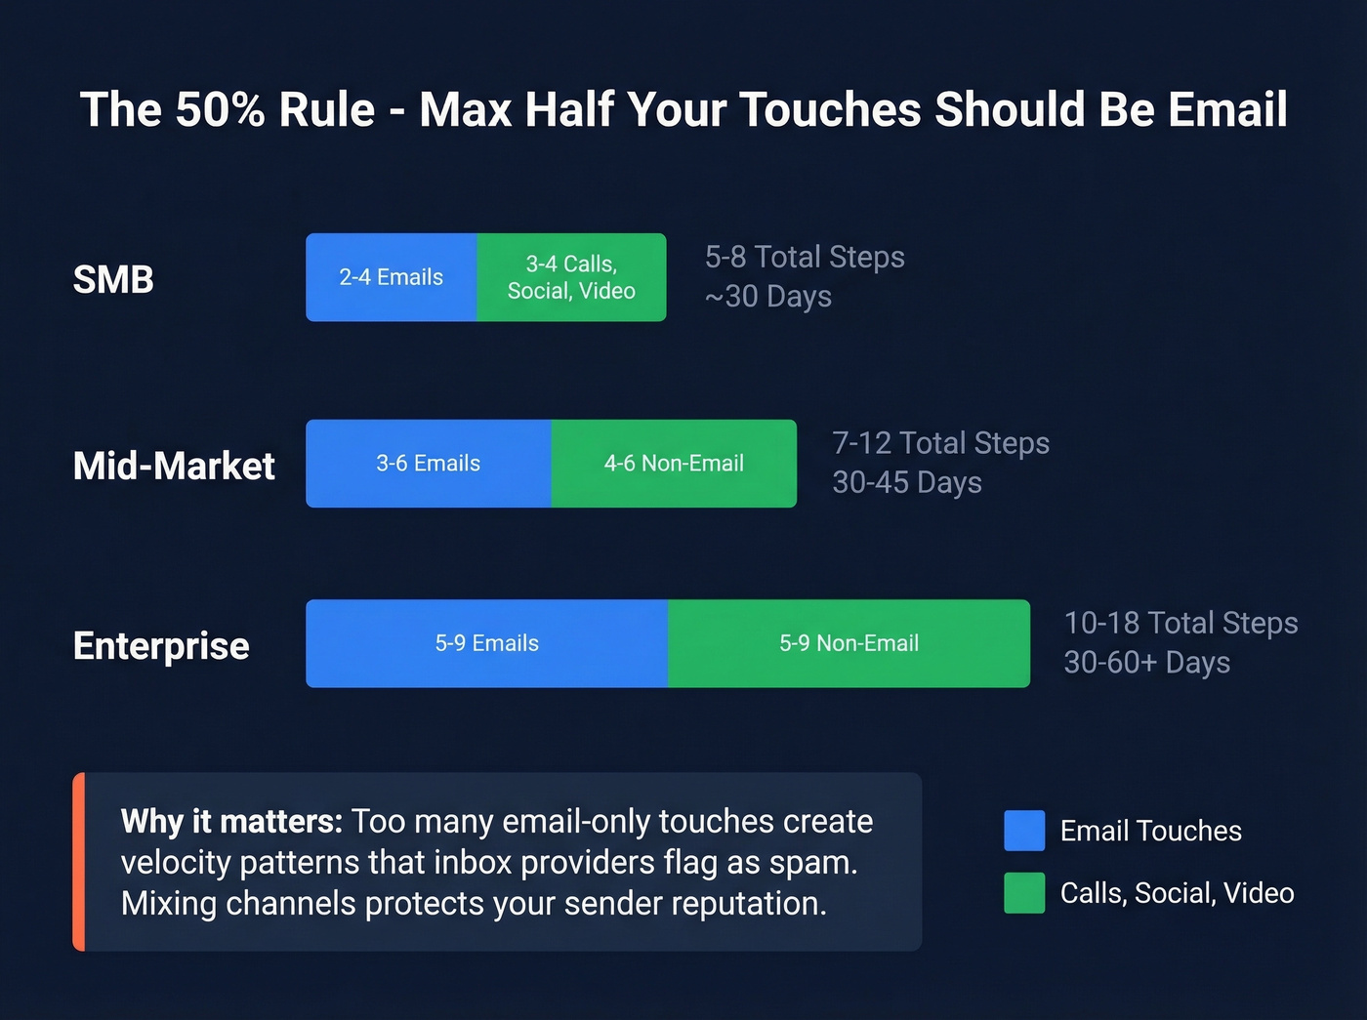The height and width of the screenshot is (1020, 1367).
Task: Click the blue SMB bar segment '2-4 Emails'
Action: pos(391,277)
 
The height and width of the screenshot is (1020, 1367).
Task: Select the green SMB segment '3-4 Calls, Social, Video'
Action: pos(571,277)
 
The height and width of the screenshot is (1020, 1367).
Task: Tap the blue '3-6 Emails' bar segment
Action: pos(428,464)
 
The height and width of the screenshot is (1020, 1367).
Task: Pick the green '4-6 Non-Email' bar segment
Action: pos(674,464)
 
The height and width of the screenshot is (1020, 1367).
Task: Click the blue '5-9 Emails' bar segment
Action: pos(486,643)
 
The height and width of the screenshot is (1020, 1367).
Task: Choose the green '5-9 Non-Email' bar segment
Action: pos(849,643)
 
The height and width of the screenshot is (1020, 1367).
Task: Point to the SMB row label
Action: pos(113,280)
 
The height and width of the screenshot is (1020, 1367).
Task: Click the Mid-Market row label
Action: pos(174,466)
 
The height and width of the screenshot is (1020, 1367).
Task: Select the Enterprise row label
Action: pos(161,646)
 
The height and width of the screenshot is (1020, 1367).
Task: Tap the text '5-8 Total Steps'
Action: pos(805,257)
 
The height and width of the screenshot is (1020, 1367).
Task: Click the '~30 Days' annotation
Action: pos(767,296)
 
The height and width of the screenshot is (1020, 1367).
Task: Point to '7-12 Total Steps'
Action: pos(940,443)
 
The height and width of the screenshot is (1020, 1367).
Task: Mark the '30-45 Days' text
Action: pos(906,482)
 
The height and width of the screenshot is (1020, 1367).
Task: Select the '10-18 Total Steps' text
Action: pos(1181,623)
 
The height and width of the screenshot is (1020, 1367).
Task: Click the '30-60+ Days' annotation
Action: pos(1146,662)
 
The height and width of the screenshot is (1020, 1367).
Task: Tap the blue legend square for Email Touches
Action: pos(1024,831)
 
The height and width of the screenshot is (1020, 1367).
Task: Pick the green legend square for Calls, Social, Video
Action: pos(1024,893)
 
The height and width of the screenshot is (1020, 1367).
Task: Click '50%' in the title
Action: pos(220,109)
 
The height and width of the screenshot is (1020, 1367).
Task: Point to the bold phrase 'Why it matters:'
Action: pos(231,822)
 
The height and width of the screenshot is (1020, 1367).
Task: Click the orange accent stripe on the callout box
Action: pos(79,862)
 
